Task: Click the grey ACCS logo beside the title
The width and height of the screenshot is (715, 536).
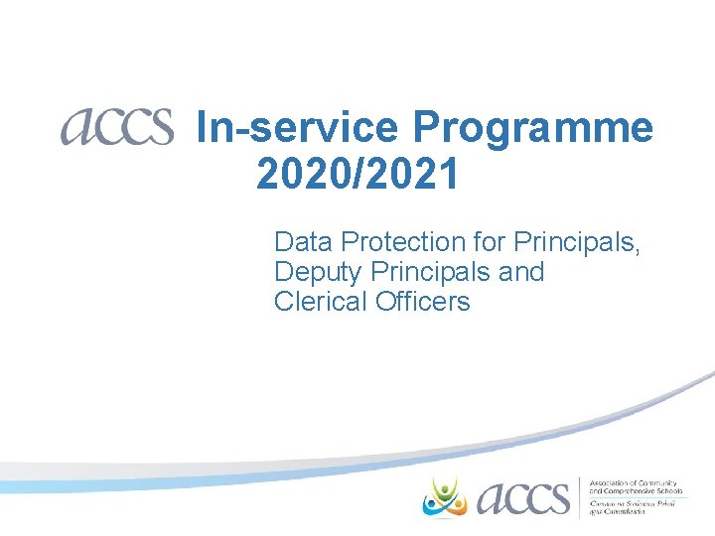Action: click(x=116, y=127)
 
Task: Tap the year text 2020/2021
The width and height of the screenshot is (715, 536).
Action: click(x=357, y=175)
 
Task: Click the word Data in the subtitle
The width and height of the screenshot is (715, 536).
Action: click(x=302, y=241)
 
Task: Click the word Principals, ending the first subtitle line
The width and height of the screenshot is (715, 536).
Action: click(x=577, y=241)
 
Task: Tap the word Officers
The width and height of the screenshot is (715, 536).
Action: click(x=423, y=301)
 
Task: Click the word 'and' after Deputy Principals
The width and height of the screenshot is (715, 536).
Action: click(x=521, y=271)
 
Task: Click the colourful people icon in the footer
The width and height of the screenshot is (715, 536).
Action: click(x=445, y=495)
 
